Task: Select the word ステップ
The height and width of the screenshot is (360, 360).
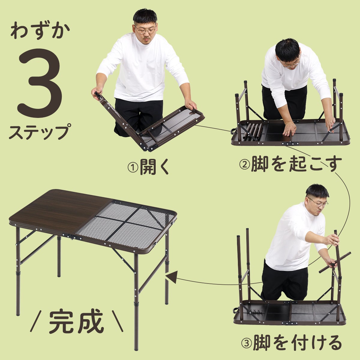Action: (x=40, y=132)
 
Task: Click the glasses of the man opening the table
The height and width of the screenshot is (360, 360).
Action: (x=145, y=30)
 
